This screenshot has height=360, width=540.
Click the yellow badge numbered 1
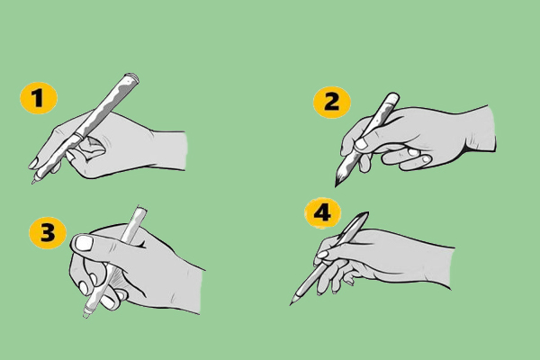coord(38,98)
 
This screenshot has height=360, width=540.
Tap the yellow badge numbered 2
coord(331,103)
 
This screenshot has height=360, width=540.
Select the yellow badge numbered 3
coord(48,232)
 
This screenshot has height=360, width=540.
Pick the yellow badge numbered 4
coord(323,213)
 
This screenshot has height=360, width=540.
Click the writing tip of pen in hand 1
coord(33,183)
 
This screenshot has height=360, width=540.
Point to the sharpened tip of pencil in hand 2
coord(336,186)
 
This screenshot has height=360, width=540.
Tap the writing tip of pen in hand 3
coord(85,316)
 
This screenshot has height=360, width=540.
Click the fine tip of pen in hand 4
coord(291,304)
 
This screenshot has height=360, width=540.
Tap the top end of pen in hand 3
coord(141,209)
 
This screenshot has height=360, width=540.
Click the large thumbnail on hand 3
coord(85,243)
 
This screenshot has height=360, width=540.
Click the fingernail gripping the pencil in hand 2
coord(361,144)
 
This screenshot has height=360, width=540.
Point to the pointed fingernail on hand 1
coord(34,163)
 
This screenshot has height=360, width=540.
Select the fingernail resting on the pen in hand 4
coord(323,255)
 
